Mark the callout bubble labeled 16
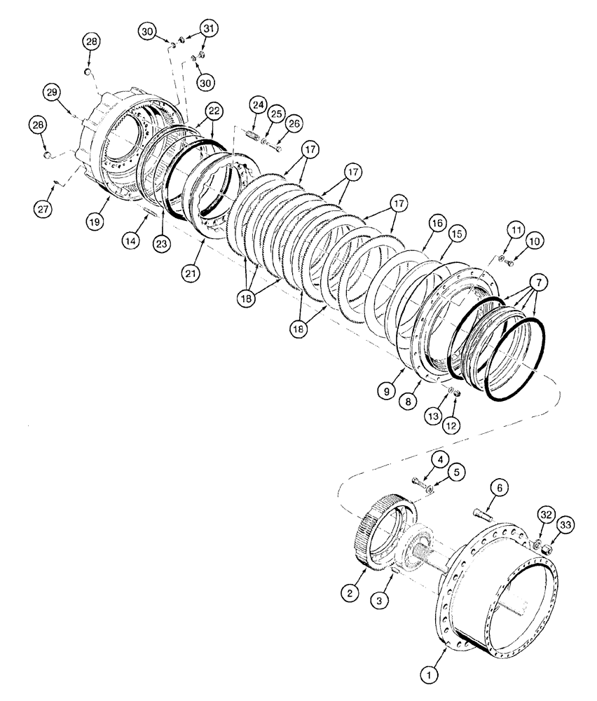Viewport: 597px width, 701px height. (x=437, y=224)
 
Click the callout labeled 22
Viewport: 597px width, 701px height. (x=213, y=111)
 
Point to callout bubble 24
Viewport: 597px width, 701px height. (x=258, y=106)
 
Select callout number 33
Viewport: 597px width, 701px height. (x=566, y=524)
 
